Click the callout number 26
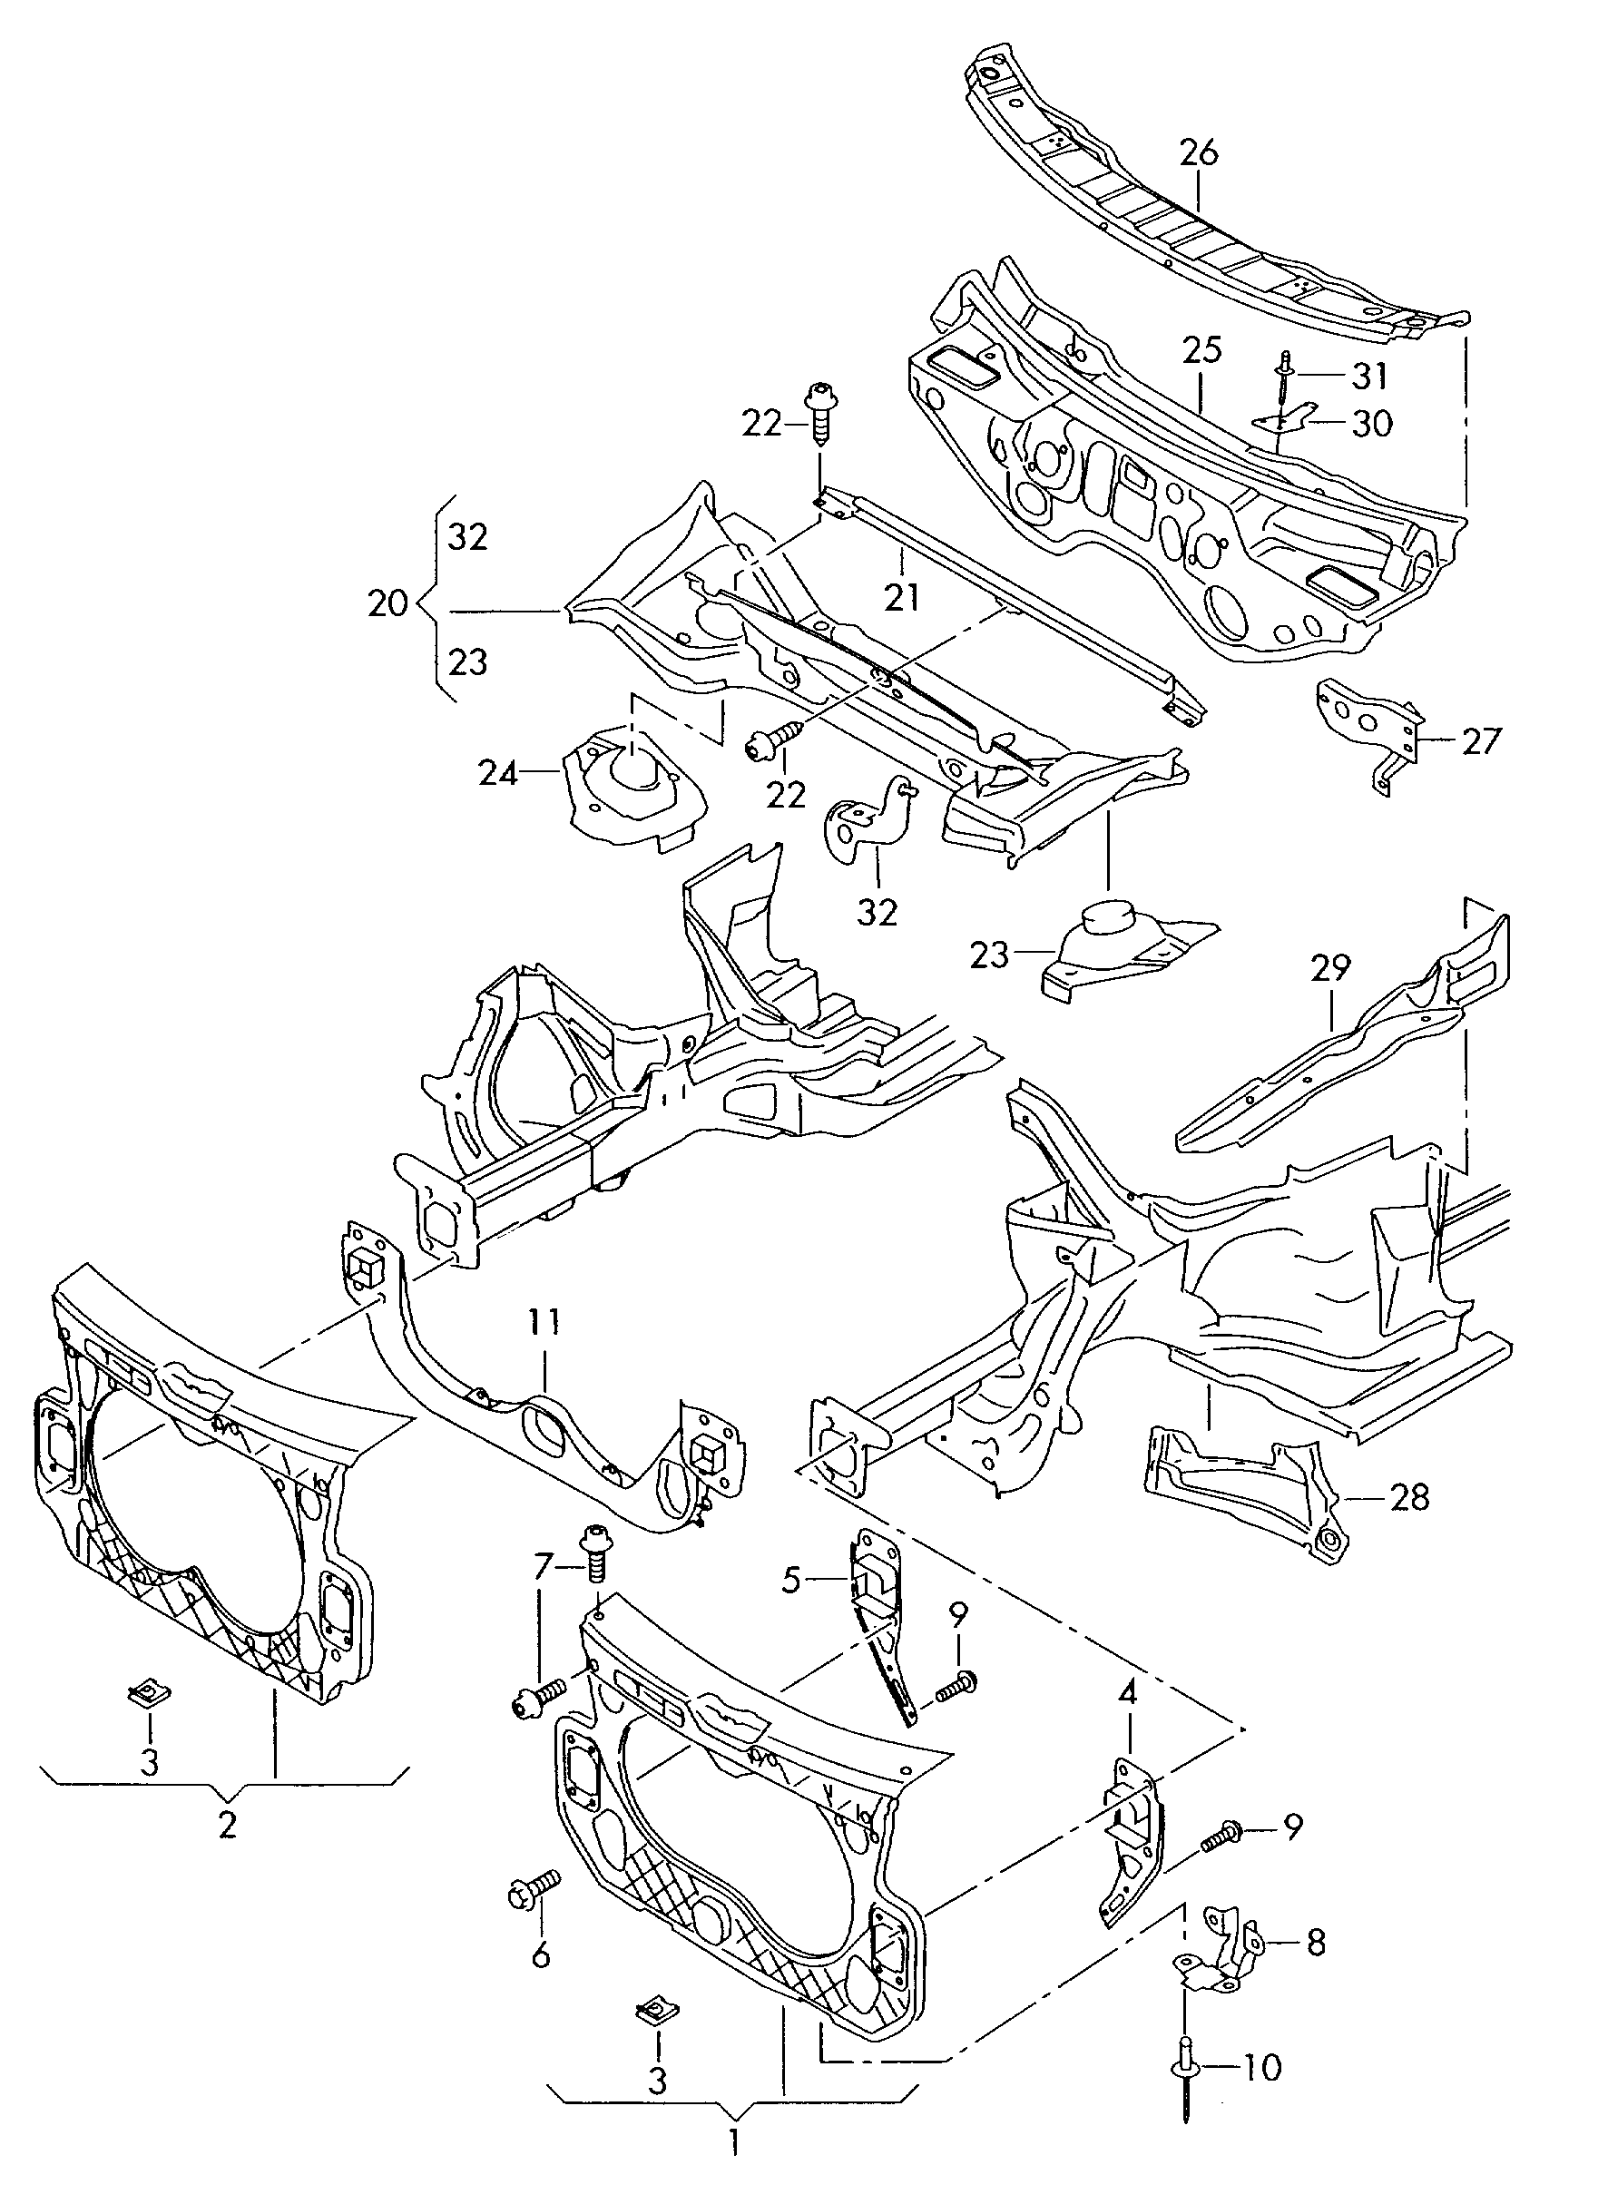(x=1198, y=152)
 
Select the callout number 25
(x=1202, y=350)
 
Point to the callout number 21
(x=901, y=597)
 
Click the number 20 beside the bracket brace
(x=388, y=604)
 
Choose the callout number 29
(x=1330, y=968)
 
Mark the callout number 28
(x=1409, y=1497)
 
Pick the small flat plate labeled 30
(x=1277, y=422)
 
